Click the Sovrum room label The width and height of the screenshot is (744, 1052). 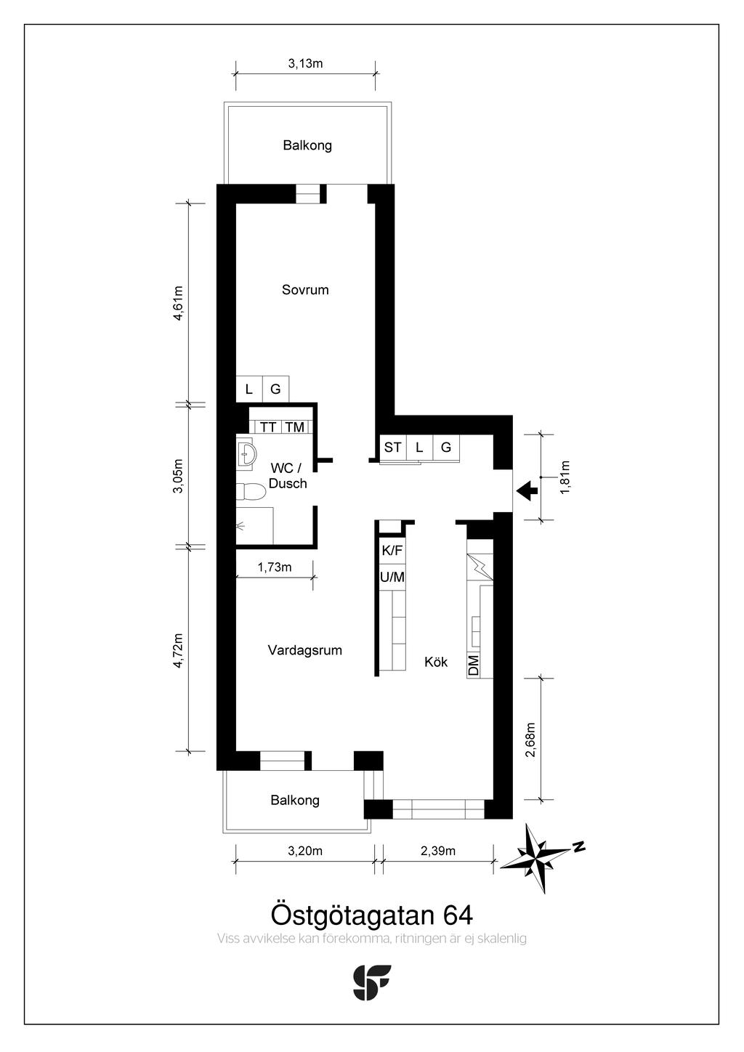point(305,290)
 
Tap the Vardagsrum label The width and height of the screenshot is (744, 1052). point(305,650)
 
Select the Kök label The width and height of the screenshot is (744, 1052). point(436,662)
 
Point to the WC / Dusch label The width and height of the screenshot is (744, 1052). point(288,476)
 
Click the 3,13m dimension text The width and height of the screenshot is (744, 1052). point(305,63)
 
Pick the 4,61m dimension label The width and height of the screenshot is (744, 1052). point(178,303)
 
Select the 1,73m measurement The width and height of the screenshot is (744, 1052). point(275,567)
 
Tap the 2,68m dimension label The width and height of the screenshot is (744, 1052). point(530,740)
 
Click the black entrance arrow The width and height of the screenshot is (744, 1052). point(527,491)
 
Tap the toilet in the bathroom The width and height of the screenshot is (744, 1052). point(249,492)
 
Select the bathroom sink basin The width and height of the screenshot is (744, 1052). point(246,453)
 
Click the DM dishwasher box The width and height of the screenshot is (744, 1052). point(474,665)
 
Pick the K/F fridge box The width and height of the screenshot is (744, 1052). point(392,550)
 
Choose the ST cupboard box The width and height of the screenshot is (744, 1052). point(392,447)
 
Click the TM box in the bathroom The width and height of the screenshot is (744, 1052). point(295,427)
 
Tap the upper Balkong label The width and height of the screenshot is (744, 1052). point(307,145)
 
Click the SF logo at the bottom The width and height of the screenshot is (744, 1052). point(371,982)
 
